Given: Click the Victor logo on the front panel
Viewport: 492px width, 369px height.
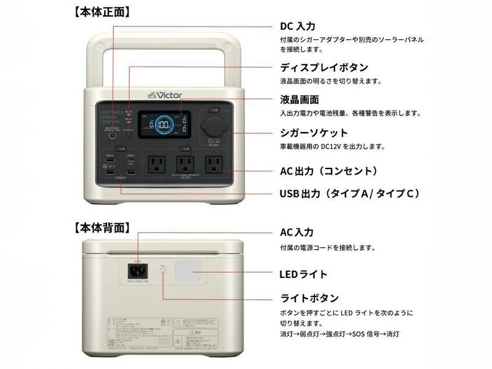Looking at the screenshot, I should click(165, 95).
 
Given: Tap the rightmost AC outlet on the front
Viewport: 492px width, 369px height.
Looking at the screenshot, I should click(213, 164).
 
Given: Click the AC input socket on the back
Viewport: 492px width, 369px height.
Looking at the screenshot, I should click(138, 270).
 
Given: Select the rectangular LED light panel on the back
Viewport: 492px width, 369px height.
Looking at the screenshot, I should click(189, 271).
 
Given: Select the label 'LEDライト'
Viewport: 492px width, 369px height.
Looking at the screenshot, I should click(303, 274).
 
